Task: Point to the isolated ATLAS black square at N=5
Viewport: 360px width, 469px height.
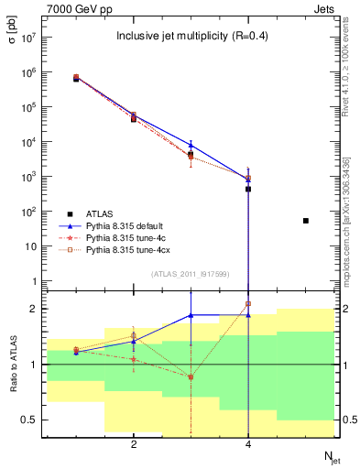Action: tap(306, 221)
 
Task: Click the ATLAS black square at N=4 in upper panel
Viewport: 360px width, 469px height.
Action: tap(248, 189)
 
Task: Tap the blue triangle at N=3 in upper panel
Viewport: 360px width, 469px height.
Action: tap(191, 145)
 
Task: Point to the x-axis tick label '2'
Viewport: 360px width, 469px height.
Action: tap(134, 444)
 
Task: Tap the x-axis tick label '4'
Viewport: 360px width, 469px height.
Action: tap(248, 444)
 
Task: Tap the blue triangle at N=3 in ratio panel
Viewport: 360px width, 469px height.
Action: tap(191, 315)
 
